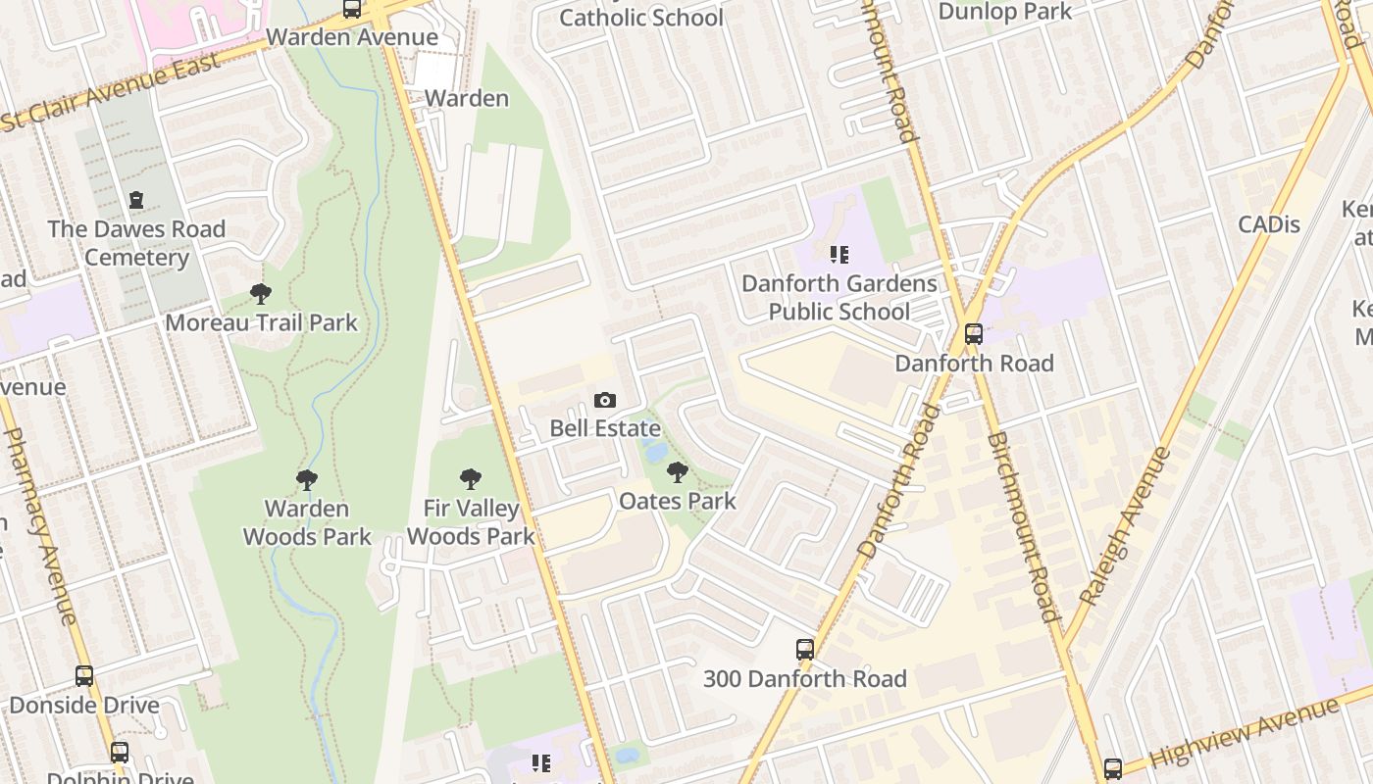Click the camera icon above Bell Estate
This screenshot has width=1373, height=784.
(x=605, y=400)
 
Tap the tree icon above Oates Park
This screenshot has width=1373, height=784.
(x=677, y=472)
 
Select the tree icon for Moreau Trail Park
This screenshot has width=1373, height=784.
(x=261, y=293)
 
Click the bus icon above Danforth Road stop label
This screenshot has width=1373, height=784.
(x=974, y=334)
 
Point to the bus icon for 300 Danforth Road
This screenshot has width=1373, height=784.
(x=805, y=649)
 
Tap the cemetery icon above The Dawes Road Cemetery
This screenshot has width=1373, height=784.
(x=136, y=200)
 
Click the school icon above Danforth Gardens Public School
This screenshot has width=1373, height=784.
(x=839, y=255)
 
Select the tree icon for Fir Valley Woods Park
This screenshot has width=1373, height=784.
(x=471, y=479)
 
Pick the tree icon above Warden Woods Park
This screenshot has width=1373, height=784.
(x=307, y=479)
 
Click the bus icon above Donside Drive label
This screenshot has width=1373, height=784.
(x=84, y=675)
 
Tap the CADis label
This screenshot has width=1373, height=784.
(x=1268, y=224)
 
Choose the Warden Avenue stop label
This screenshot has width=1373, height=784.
(x=352, y=37)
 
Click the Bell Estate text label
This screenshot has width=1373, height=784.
(x=604, y=428)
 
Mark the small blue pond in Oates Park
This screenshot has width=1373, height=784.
(x=654, y=452)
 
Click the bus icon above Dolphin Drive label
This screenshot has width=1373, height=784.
(x=120, y=753)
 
